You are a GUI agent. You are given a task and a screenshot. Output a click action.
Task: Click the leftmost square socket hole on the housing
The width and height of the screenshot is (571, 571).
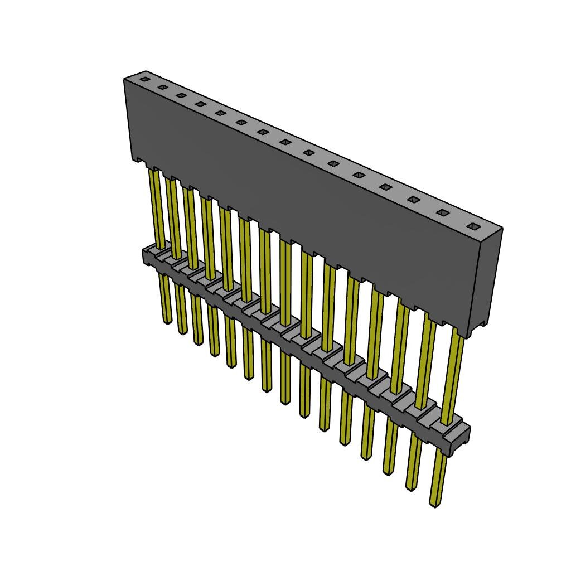[x=145, y=79]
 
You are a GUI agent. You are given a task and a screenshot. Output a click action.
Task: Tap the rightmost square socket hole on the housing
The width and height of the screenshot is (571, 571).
[x=473, y=226]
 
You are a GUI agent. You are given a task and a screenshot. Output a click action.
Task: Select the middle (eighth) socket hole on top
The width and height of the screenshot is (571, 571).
[x=286, y=142]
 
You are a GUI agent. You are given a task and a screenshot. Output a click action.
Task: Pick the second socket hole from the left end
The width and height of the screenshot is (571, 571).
[x=163, y=87]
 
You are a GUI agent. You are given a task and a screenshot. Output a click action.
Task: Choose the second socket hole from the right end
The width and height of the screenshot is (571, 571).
[x=443, y=212]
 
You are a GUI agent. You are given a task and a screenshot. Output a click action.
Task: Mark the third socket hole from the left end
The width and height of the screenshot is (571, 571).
[x=181, y=95]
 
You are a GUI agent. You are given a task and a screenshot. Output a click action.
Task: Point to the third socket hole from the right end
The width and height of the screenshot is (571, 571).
[x=414, y=199]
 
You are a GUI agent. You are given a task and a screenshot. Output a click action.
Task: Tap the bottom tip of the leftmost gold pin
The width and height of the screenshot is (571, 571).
[x=167, y=321]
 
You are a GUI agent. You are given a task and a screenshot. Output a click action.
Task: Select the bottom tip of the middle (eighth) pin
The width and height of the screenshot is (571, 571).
[x=285, y=401]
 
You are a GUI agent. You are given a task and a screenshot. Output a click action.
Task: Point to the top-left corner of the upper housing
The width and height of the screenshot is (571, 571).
[x=125, y=80]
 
